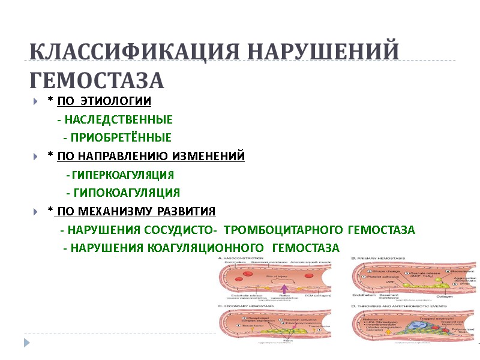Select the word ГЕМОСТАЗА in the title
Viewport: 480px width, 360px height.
pyautogui.click(x=97, y=80)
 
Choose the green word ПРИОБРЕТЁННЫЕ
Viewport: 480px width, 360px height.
pyautogui.click(x=121, y=137)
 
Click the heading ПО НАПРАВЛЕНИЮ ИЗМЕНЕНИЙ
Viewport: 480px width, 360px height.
pyautogui.click(x=151, y=156)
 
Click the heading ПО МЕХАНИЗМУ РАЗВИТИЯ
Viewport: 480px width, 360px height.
pyautogui.click(x=136, y=211)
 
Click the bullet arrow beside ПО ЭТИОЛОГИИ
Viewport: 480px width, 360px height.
pyautogui.click(x=37, y=101)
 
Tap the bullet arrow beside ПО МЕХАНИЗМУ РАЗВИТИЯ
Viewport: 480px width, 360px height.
pyautogui.click(x=37, y=212)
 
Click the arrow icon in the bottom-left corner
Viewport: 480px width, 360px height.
pyautogui.click(x=26, y=341)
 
